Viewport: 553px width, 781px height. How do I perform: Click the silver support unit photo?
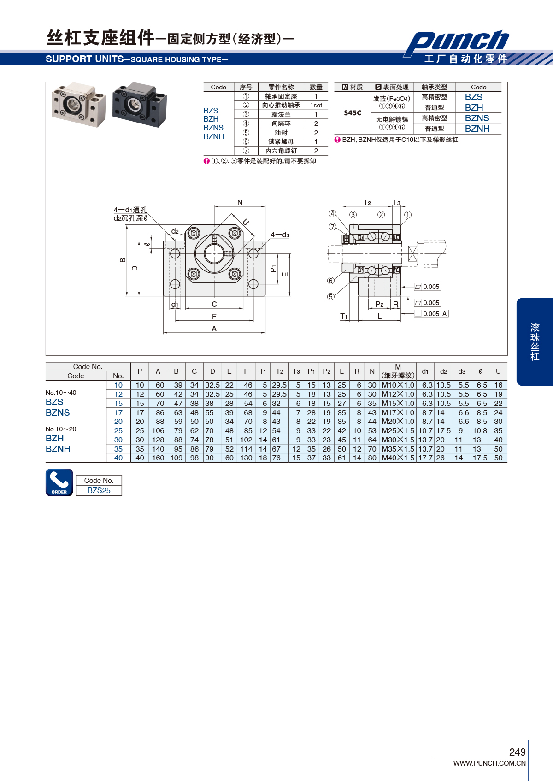tap(79, 104)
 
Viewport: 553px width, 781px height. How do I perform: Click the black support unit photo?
tap(140, 104)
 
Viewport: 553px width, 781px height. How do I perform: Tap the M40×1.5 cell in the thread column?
tap(398, 458)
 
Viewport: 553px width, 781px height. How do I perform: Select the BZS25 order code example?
tap(99, 490)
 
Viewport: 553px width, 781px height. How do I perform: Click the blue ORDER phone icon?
tap(59, 482)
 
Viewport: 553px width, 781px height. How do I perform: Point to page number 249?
tap(517, 752)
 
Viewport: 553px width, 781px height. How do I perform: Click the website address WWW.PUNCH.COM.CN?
tap(489, 763)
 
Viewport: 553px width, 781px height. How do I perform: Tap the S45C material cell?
tap(353, 112)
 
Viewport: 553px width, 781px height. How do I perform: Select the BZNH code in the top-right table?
tap(477, 129)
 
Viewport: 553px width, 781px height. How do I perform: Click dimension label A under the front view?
tap(214, 329)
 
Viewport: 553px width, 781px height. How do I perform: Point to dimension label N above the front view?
tap(240, 202)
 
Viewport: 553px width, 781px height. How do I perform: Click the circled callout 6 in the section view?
tap(331, 281)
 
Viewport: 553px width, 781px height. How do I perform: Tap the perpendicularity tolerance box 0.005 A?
tap(431, 314)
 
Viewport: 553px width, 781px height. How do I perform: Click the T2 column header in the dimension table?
tap(279, 371)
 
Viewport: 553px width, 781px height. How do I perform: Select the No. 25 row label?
tap(118, 431)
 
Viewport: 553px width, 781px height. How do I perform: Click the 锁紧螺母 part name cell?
tap(281, 141)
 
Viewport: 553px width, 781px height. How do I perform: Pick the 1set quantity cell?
tap(316, 106)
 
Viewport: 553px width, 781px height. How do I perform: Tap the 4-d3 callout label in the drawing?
tap(280, 235)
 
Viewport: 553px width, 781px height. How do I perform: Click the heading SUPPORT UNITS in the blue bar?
tap(85, 59)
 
